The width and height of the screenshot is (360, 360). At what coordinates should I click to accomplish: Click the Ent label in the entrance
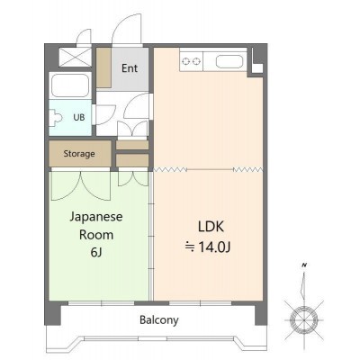130,68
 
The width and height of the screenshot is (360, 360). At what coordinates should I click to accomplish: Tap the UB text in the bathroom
79,117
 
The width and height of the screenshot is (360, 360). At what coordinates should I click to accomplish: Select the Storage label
79,154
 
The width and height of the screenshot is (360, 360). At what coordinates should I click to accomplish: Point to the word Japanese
96,217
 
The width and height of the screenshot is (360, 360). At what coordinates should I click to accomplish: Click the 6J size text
96,253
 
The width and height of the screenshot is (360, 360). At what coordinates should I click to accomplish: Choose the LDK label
211,227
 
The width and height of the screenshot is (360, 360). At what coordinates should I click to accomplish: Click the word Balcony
159,320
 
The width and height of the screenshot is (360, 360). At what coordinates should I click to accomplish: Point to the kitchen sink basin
229,62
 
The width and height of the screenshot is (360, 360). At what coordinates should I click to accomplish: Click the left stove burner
186,61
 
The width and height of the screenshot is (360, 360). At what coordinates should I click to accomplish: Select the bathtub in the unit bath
70,85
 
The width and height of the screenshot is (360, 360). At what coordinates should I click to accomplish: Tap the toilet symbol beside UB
57,117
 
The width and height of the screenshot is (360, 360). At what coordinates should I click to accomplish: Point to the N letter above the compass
304,265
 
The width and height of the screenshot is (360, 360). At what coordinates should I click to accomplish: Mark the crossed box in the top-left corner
75,57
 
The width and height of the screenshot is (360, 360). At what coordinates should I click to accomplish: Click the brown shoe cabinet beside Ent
103,67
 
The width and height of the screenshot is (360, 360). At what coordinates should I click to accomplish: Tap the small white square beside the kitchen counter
257,67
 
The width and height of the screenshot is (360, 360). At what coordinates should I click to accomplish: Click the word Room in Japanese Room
96,235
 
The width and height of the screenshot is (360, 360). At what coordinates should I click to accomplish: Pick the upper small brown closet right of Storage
132,145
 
